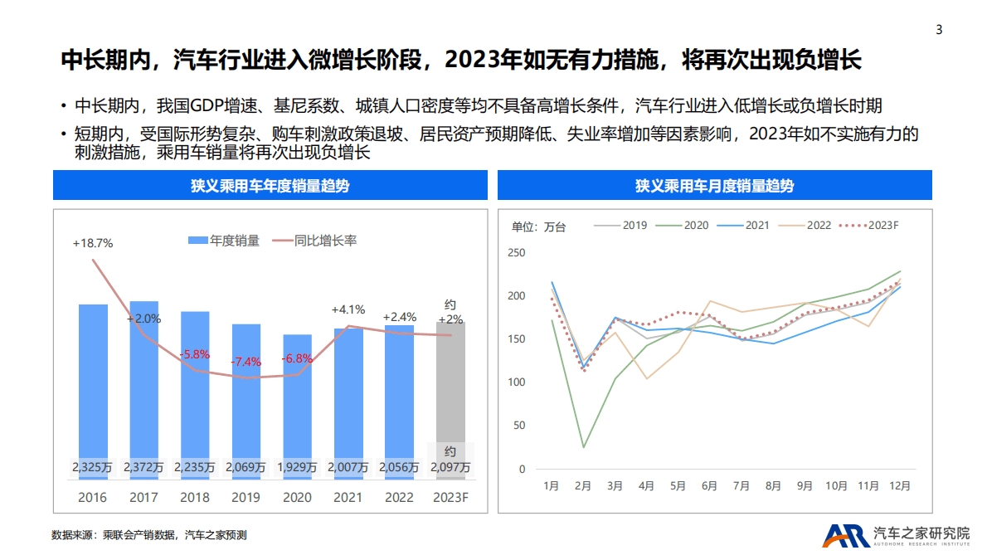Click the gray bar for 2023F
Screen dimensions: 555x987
click(450, 390)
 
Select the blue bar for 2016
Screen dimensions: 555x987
click(93, 382)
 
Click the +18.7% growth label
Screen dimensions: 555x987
click(92, 243)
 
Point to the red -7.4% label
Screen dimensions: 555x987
click(246, 362)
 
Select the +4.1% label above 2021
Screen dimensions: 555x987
click(348, 309)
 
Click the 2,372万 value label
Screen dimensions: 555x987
click(144, 468)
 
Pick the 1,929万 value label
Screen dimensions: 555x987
click(297, 468)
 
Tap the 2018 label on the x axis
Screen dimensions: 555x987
click(195, 498)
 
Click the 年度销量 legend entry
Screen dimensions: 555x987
click(224, 241)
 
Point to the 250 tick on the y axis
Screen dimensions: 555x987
click(515, 253)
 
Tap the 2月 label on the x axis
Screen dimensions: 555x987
click(583, 486)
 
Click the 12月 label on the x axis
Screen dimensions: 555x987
click(899, 486)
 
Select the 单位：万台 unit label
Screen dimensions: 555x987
click(538, 226)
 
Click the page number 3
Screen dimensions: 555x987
click(939, 30)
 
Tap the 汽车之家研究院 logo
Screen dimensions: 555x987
click(896, 535)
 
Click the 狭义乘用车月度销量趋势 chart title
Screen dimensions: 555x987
click(714, 185)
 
